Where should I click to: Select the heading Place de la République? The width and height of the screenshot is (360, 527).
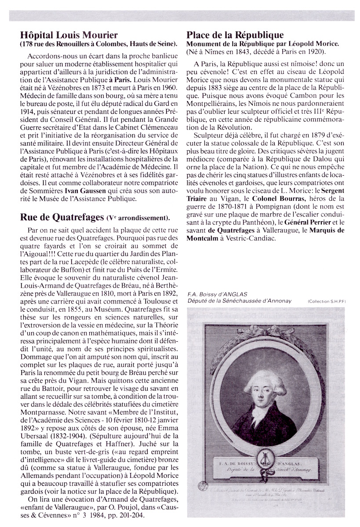[235, 35]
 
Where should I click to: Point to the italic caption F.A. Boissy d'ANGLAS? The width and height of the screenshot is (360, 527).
[211, 294]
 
